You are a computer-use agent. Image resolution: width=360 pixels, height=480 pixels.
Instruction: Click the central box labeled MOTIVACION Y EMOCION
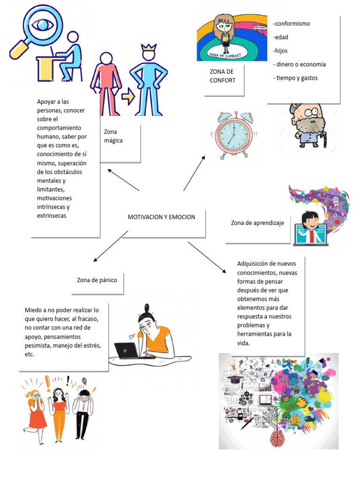click(162, 217)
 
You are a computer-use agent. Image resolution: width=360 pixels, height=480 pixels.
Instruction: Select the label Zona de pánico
click(97, 280)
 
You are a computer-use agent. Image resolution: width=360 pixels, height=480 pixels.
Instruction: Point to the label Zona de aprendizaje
click(257, 223)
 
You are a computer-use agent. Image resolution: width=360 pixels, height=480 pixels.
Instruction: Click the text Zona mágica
click(113, 136)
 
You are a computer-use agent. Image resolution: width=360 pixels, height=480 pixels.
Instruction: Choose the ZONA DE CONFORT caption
click(222, 76)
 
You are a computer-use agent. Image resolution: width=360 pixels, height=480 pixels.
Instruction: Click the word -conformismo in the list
click(292, 24)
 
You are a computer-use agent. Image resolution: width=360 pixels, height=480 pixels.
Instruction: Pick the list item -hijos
click(280, 51)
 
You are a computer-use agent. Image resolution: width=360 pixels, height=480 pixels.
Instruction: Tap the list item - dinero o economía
click(300, 64)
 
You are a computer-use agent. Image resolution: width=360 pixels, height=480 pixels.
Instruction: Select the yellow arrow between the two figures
click(127, 97)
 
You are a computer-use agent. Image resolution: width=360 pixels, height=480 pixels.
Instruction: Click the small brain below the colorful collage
click(278, 438)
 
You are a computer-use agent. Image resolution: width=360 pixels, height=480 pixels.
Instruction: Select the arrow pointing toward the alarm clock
click(194, 173)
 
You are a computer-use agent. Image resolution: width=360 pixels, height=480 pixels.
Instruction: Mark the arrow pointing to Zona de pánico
click(110, 246)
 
